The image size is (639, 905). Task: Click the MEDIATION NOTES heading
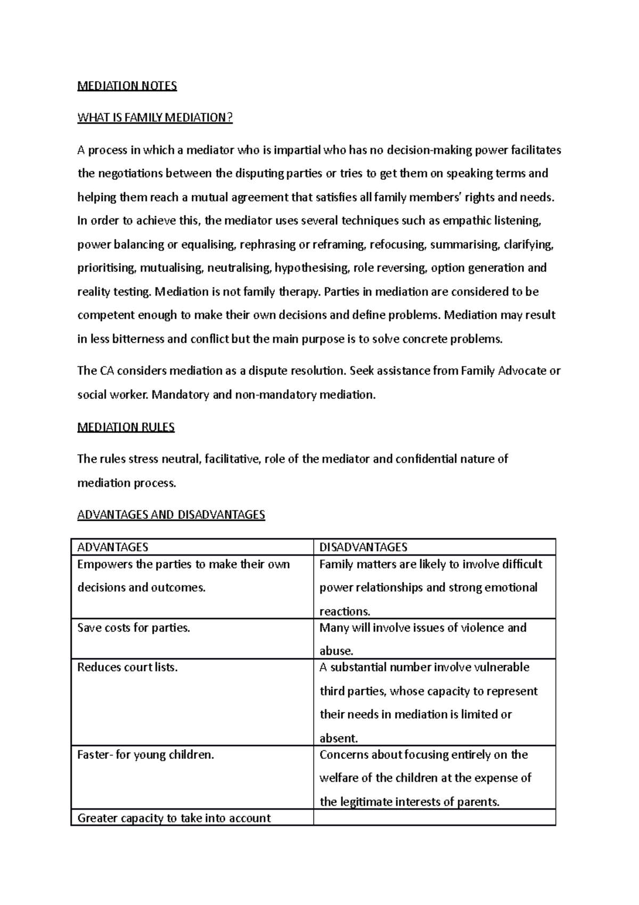tap(127, 86)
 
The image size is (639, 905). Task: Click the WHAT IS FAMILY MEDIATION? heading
tap(155, 118)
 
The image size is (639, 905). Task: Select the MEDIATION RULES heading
tap(126, 427)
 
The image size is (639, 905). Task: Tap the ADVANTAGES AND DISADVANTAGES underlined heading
tap(171, 515)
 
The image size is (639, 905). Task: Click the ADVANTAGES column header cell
tap(112, 547)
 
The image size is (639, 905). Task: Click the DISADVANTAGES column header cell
tap(363, 547)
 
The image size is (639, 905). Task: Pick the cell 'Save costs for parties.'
tap(134, 628)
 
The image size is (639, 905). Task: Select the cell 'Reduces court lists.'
tap(127, 667)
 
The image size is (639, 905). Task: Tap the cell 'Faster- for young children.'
tap(145, 755)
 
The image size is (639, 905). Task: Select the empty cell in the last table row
tap(434, 818)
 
